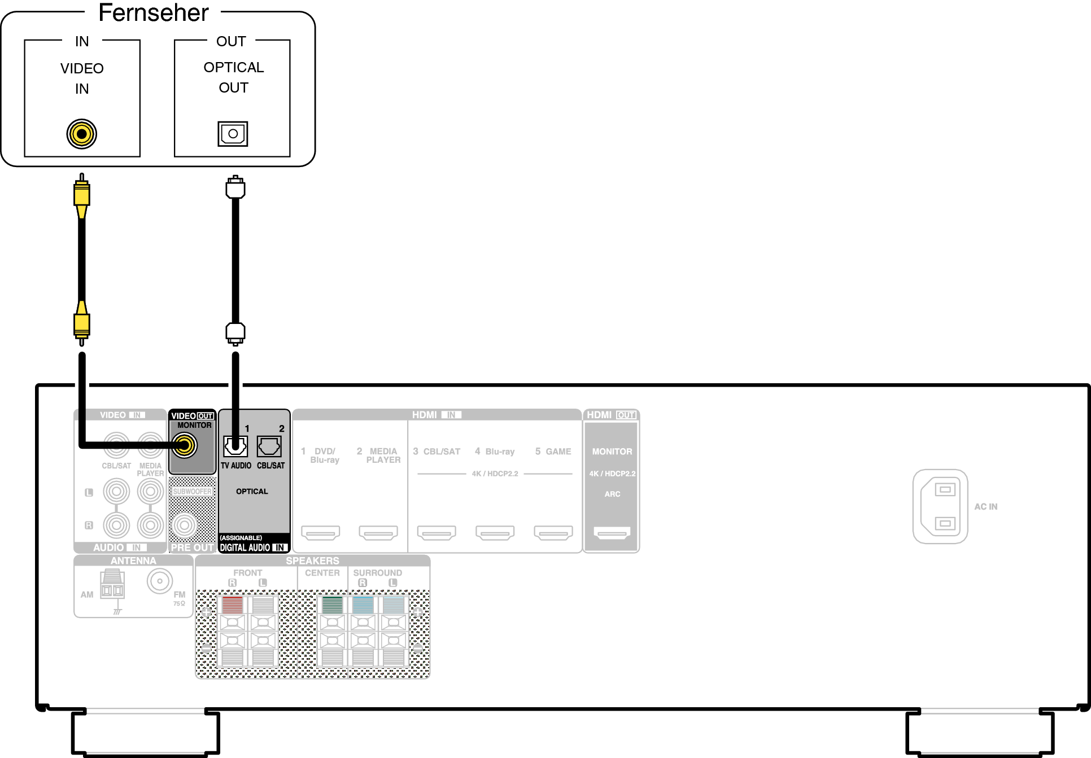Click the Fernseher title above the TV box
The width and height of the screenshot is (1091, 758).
(154, 12)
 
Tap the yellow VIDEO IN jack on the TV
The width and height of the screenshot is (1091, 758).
(82, 134)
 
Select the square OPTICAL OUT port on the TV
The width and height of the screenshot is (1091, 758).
(233, 134)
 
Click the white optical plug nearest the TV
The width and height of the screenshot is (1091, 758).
(235, 187)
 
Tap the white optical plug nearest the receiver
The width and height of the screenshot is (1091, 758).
(235, 333)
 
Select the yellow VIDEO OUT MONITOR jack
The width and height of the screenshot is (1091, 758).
(185, 445)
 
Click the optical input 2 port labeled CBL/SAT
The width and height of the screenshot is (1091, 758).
(269, 446)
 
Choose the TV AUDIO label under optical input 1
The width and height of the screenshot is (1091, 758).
(236, 466)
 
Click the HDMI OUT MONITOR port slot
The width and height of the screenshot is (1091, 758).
(612, 532)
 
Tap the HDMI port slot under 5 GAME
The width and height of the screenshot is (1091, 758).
(553, 532)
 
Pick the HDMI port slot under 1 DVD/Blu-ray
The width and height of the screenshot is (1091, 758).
(321, 532)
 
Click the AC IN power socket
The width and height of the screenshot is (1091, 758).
(940, 506)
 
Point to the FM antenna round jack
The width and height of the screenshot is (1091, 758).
(160, 581)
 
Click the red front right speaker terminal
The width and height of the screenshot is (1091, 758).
(232, 604)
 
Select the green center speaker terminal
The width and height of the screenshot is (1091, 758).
(332, 604)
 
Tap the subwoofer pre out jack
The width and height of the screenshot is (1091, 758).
(184, 525)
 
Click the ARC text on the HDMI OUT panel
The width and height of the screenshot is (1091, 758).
(612, 494)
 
